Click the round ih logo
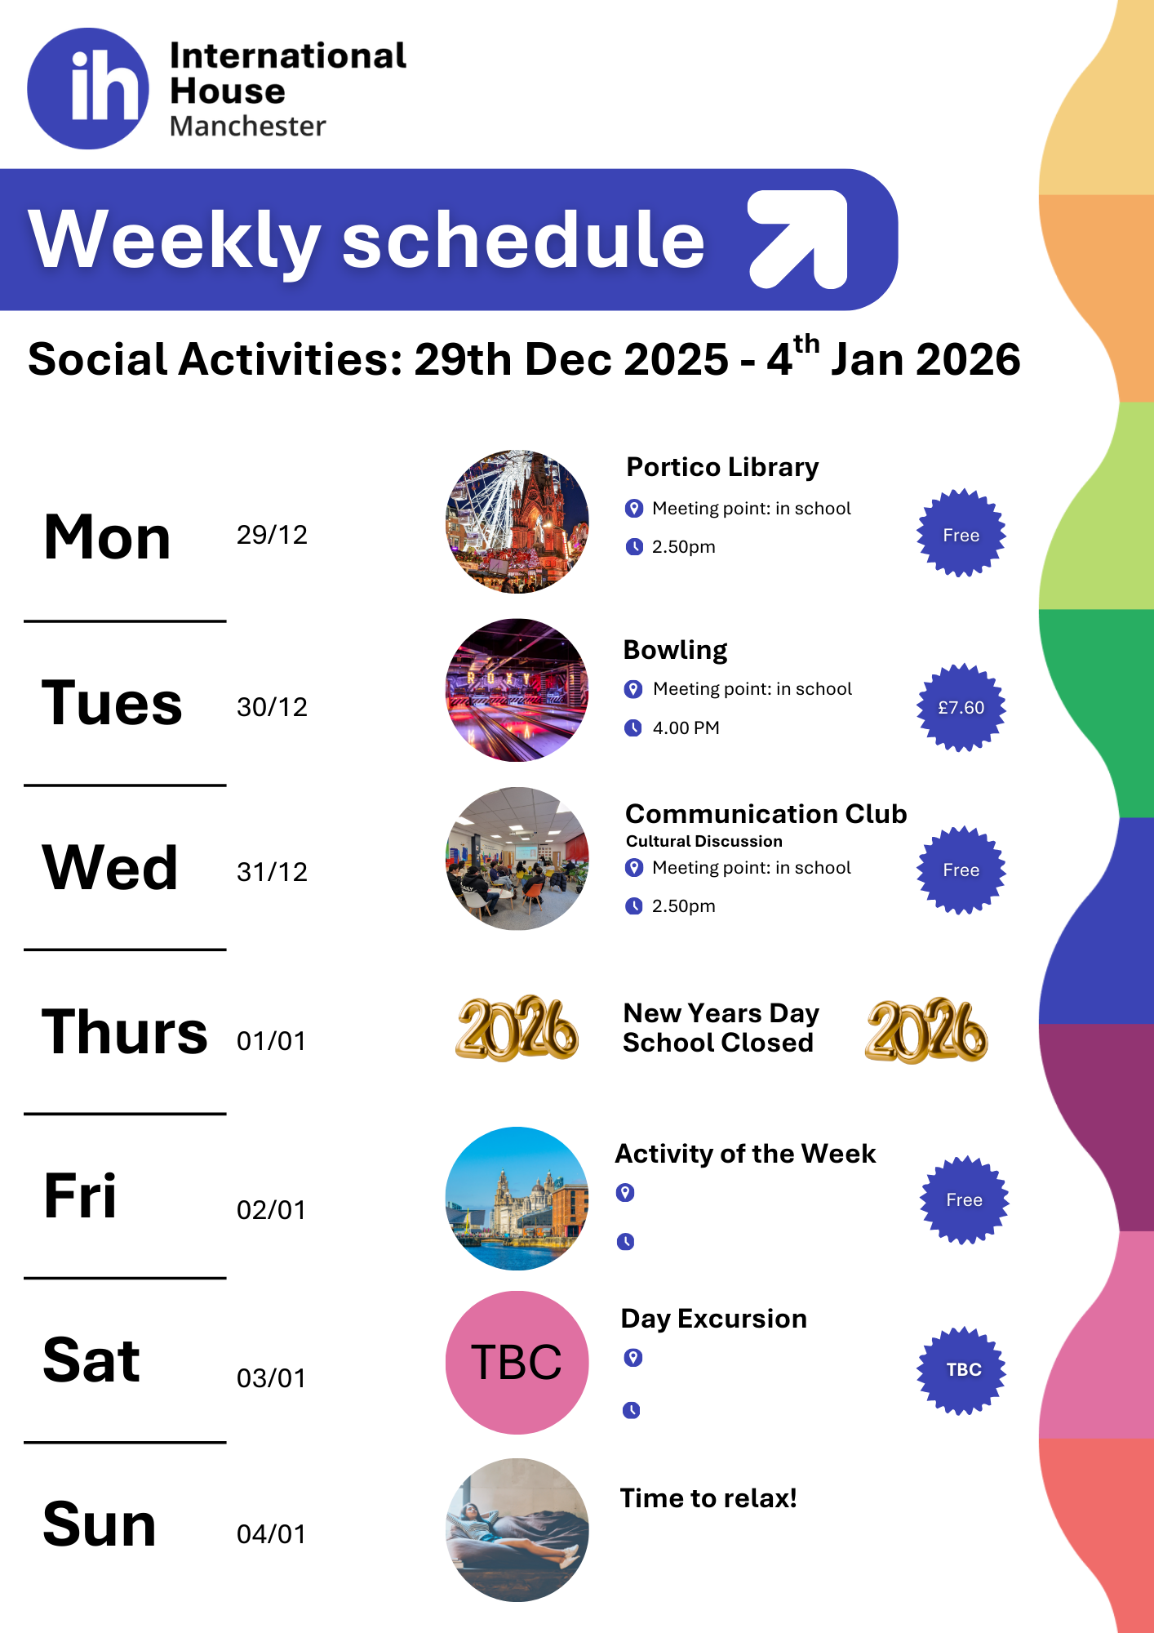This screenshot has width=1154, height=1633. pyautogui.click(x=88, y=89)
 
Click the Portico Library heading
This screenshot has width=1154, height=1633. pyautogui.click(x=722, y=467)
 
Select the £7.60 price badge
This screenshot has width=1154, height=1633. pyautogui.click(x=961, y=707)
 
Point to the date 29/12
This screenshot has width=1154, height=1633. pyautogui.click(x=272, y=535)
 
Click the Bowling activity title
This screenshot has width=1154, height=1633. pyautogui.click(x=675, y=651)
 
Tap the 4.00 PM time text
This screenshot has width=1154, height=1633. pyautogui.click(x=686, y=728)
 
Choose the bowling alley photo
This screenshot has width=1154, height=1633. pyautogui.click(x=517, y=690)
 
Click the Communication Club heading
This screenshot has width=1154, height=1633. pyautogui.click(x=766, y=814)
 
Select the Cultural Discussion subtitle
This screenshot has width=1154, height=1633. pyautogui.click(x=704, y=841)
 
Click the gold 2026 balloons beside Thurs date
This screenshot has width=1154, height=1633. pyautogui.click(x=517, y=1029)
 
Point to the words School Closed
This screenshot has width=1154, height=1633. pyautogui.click(x=718, y=1043)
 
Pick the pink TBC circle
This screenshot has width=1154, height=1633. pyautogui.click(x=517, y=1362)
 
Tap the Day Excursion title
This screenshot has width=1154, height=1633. pyautogui.click(x=714, y=1319)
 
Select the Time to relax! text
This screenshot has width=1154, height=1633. pyautogui.click(x=708, y=1498)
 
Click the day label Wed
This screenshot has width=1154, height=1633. pyautogui.click(x=110, y=867)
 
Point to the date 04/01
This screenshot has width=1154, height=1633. pyautogui.click(x=271, y=1534)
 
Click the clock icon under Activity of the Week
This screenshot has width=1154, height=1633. pyautogui.click(x=625, y=1242)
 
